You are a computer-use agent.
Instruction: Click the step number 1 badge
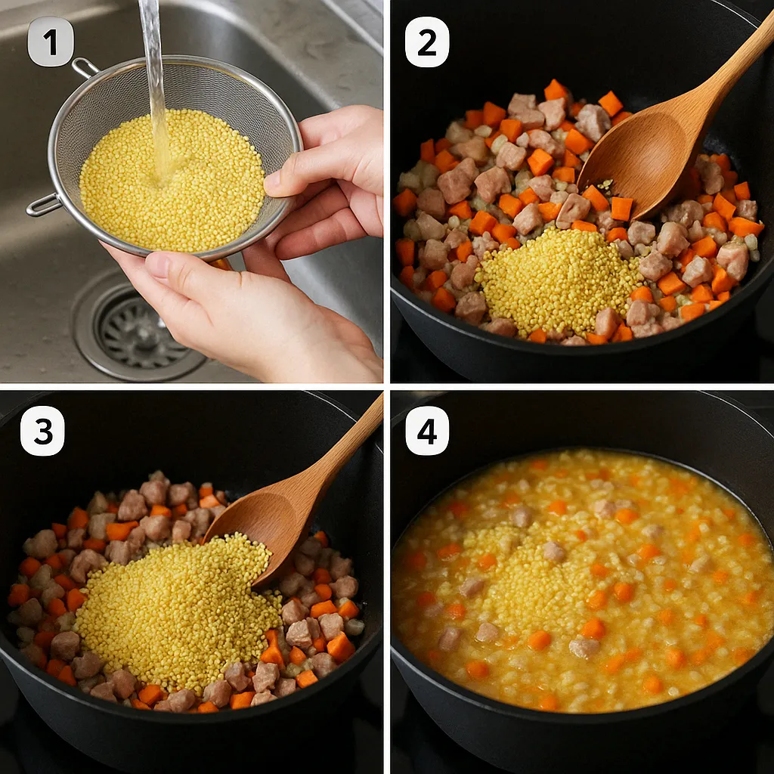click(51, 42)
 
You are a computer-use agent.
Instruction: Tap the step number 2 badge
click(427, 42)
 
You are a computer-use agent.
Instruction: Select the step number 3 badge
click(42, 430)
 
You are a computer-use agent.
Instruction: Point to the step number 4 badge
click(427, 430)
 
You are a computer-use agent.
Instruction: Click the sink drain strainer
click(138, 330)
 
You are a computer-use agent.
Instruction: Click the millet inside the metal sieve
click(172, 181)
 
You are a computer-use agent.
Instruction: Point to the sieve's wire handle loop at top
click(85, 67)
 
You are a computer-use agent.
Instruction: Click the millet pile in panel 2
click(558, 281)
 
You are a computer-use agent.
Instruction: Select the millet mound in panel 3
click(178, 612)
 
